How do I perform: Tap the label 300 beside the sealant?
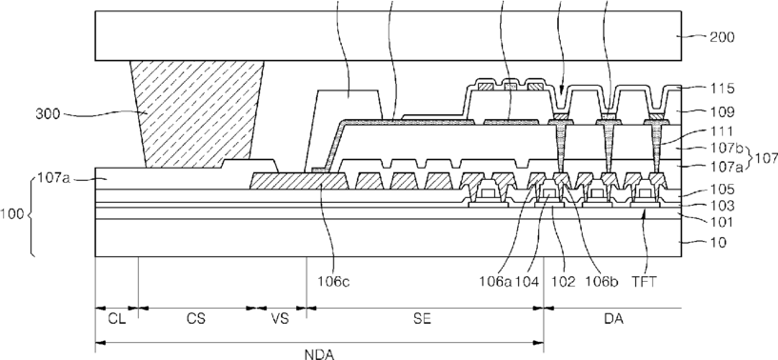(48, 114)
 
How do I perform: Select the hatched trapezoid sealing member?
(197, 114)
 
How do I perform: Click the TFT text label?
(645, 282)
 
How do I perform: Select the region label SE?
(422, 319)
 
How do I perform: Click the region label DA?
(614, 319)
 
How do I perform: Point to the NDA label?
(320, 354)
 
